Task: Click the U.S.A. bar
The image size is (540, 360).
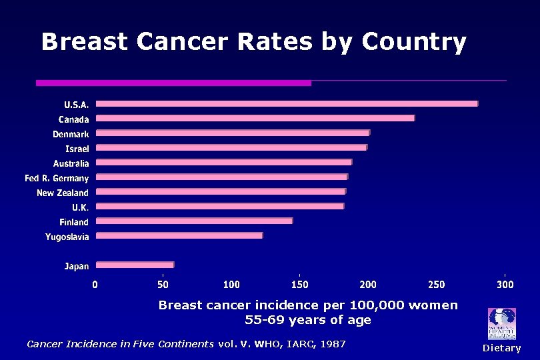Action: [x=287, y=103]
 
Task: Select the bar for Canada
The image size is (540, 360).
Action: [x=255, y=118]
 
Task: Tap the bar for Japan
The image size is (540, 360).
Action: [x=135, y=265]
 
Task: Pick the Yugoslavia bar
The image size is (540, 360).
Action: [x=179, y=235]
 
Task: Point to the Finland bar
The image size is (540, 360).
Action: [x=194, y=221]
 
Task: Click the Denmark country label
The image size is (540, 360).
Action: [x=71, y=134]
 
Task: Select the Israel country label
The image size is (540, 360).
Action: [x=77, y=149]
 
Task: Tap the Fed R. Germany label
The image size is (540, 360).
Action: [x=57, y=178]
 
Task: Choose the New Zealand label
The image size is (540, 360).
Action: [x=62, y=193]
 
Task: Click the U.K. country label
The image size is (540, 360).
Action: [x=80, y=207]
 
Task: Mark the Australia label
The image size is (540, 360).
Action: [x=71, y=163]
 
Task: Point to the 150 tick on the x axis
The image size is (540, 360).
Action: [x=299, y=285]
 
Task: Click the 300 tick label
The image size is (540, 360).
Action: [x=505, y=285]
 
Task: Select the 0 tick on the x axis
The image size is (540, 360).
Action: [x=95, y=285]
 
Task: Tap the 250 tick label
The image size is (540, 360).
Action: [x=436, y=285]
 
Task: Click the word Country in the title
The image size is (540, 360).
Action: [x=414, y=42]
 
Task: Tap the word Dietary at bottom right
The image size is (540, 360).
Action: [x=501, y=348]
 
